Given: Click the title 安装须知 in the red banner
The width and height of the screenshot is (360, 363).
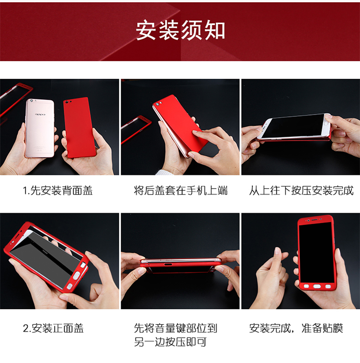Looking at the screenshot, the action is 180,31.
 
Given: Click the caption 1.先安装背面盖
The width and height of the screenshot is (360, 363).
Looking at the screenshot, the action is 58,190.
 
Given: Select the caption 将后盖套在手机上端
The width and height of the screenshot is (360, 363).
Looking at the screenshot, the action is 180,190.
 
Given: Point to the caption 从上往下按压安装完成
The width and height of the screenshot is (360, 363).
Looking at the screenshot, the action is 301,190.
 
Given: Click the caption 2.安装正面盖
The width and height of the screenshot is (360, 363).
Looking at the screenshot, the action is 53,328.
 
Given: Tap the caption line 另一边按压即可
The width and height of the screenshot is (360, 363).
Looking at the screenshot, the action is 170,342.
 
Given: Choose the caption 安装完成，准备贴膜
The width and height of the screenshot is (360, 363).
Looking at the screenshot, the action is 296,328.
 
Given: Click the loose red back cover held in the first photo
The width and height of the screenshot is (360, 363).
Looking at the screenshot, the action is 79,128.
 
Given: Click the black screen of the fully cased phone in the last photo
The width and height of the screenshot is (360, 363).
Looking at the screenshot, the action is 316,252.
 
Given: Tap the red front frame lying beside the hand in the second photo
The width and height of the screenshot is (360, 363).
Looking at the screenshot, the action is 135,128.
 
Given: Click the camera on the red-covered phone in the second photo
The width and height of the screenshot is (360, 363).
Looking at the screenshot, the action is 158,104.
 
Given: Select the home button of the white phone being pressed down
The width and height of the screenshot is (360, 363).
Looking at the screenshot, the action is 327,123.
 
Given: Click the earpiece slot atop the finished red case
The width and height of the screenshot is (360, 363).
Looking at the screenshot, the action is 314,219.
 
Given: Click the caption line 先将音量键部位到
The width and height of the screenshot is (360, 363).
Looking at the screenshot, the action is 175,328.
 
